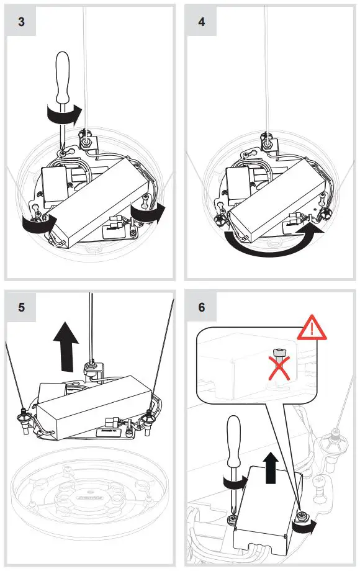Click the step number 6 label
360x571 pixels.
pos(202,307)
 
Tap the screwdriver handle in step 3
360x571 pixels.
pos(62,78)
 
